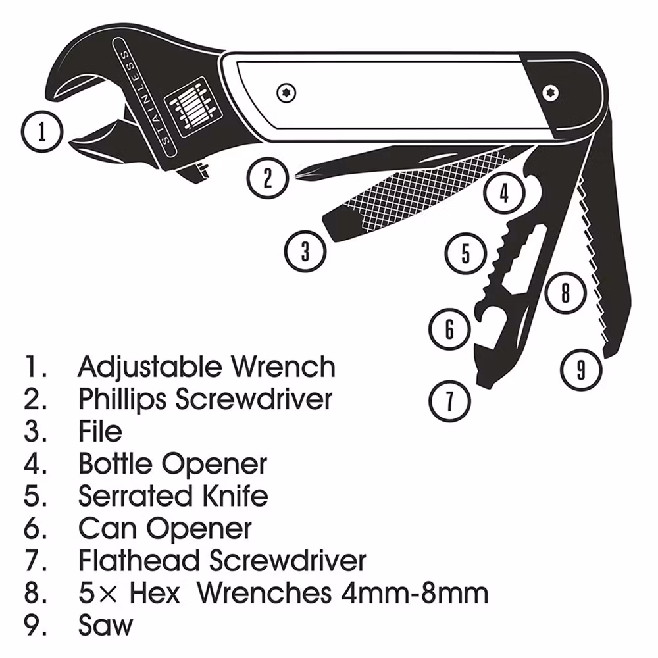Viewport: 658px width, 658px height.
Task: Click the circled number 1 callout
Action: coord(42,132)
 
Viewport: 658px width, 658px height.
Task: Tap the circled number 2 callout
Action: coord(268,178)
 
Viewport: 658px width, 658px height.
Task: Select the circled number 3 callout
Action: coord(305,251)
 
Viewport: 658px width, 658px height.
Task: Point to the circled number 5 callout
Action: coord(466,253)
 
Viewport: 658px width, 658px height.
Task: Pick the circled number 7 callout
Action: coord(449,401)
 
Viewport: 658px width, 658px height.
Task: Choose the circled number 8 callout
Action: coord(565,292)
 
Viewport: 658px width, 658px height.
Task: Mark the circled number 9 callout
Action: coord(581,370)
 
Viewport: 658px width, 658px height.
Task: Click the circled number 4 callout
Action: coord(505,193)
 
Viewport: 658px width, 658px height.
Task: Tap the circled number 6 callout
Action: coord(449,329)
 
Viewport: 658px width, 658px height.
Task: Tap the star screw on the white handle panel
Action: coord(287,93)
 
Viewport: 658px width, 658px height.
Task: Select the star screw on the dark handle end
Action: coord(549,93)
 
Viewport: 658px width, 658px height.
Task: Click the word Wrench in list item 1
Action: coord(284,367)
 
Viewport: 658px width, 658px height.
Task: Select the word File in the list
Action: coord(100,431)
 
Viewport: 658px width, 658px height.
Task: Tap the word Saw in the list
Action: coord(105,624)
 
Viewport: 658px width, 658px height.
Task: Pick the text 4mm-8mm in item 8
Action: coord(415,593)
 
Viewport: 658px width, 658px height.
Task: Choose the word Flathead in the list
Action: coord(138,560)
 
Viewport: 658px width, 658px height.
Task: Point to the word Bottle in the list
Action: coord(115,463)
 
